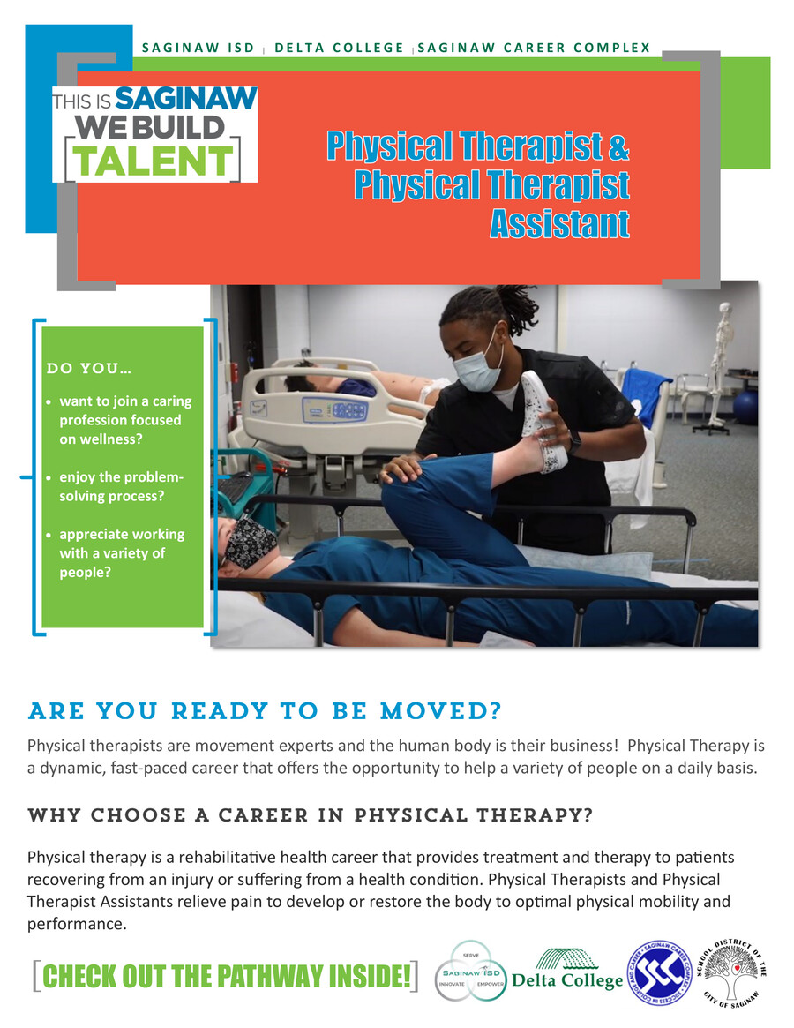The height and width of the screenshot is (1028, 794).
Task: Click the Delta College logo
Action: [x=567, y=970]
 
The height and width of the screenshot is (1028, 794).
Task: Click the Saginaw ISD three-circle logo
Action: [x=471, y=971]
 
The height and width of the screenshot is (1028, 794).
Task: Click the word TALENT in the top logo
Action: [x=153, y=160]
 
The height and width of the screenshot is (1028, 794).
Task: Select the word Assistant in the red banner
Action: [x=560, y=224]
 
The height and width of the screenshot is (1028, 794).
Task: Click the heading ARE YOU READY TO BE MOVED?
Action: [x=265, y=711]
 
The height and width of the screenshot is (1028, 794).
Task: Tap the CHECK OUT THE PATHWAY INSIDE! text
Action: [x=226, y=976]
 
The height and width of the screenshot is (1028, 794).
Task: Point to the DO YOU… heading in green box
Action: [x=89, y=368]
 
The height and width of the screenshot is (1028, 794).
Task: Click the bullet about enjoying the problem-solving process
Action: [x=120, y=487]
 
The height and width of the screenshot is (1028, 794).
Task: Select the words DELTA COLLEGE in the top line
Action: [x=340, y=48]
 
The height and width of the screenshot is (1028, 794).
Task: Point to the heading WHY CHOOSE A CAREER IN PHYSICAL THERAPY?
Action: [x=309, y=814]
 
